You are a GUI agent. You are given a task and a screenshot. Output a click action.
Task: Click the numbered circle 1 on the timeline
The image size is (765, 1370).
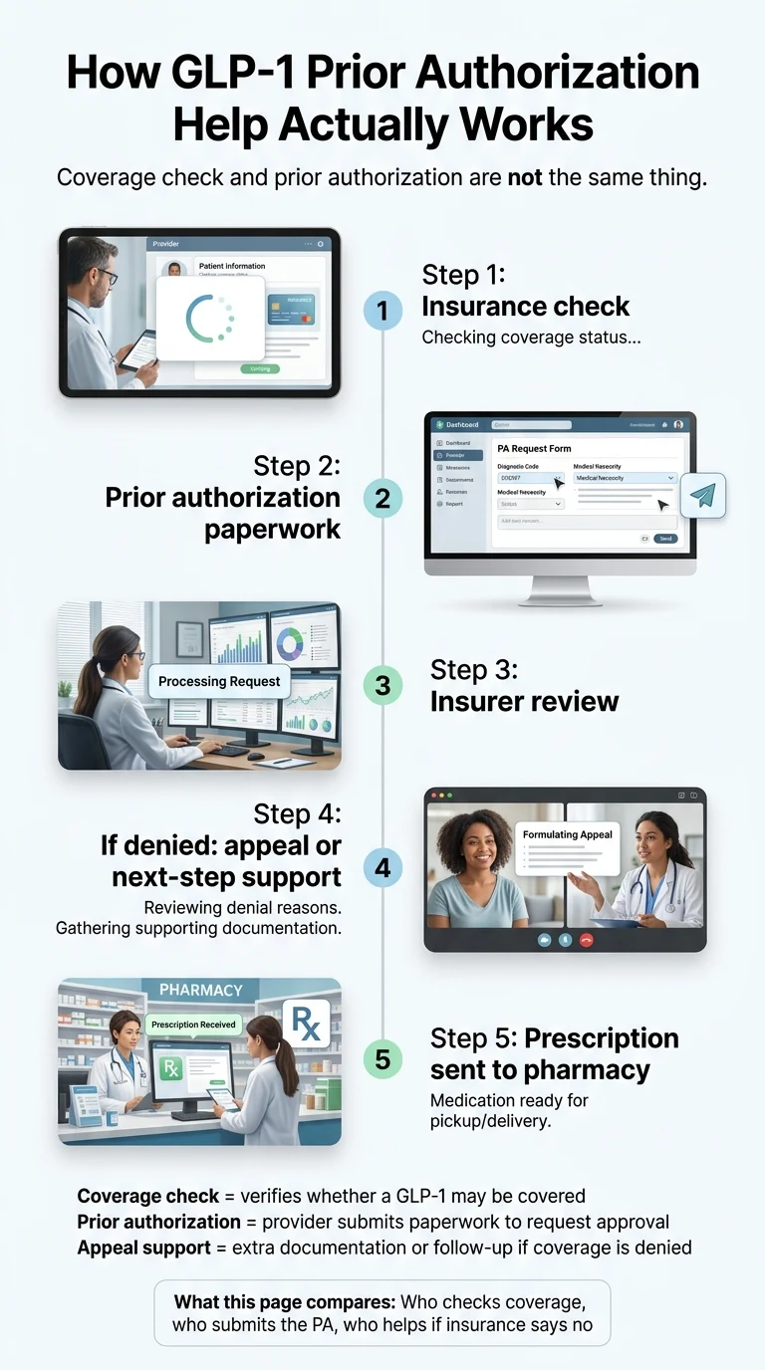[382, 310]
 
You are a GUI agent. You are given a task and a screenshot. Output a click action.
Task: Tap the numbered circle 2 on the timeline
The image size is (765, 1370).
[382, 497]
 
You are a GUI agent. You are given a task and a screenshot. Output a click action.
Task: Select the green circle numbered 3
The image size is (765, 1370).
[382, 685]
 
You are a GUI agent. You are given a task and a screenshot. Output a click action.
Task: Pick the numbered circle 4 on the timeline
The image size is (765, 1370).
[382, 867]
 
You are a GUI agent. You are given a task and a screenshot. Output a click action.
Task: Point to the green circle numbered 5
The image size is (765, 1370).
[382, 1058]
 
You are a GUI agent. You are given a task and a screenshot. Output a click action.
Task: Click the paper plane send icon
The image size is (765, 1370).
[703, 496]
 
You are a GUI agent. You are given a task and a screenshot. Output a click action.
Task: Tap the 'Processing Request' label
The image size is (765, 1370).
[219, 682]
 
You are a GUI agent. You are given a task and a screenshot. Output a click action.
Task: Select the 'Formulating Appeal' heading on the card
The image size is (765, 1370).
[567, 834]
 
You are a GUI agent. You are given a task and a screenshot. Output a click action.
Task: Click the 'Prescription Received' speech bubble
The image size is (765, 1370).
[193, 1025]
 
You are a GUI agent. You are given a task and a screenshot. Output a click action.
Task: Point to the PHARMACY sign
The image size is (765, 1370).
[200, 990]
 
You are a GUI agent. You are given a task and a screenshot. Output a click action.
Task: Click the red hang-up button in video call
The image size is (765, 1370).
[586, 939]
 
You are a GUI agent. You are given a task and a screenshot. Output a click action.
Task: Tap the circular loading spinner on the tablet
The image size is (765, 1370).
[210, 318]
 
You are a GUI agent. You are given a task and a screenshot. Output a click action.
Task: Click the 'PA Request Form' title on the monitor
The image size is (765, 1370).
[534, 449]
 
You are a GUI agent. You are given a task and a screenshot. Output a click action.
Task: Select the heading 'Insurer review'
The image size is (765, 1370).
[524, 701]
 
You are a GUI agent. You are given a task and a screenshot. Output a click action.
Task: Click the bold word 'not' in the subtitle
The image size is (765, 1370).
[526, 178]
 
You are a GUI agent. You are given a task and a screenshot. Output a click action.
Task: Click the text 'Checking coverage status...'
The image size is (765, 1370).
[531, 338]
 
